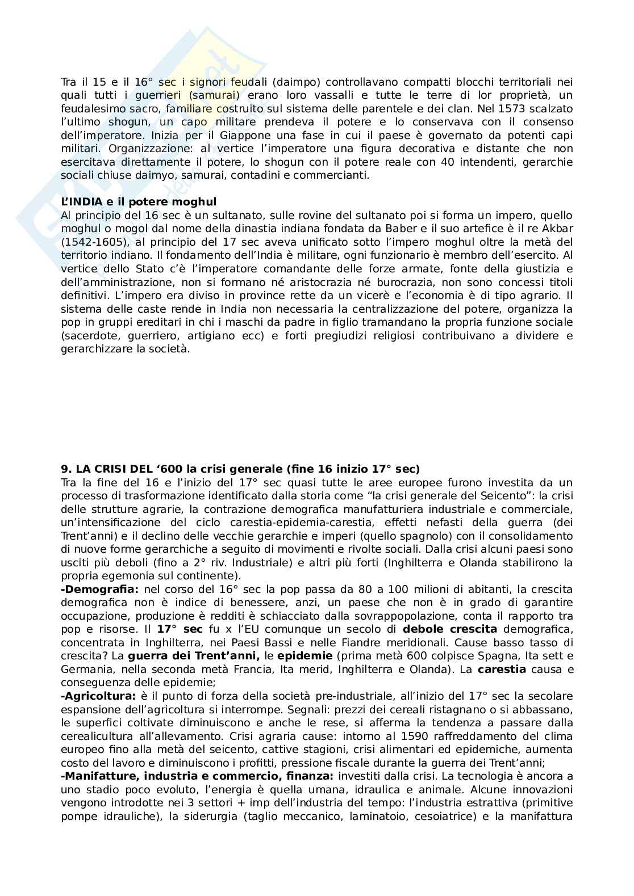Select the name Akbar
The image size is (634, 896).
pyautogui.click(x=558, y=229)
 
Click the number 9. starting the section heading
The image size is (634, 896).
pyautogui.click(x=66, y=469)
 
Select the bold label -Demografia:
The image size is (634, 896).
pyautogui.click(x=99, y=589)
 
